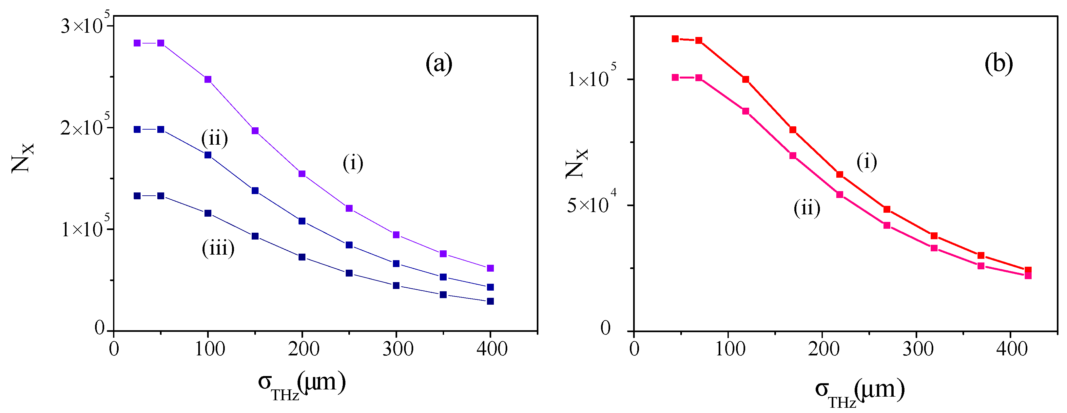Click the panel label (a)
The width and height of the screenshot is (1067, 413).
click(x=439, y=64)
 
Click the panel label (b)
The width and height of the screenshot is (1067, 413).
click(x=998, y=64)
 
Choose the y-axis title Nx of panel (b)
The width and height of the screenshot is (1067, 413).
click(x=576, y=163)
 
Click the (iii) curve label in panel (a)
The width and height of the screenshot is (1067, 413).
click(x=218, y=248)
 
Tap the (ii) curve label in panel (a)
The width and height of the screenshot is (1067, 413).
click(x=214, y=138)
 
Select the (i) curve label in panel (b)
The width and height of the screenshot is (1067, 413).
click(x=866, y=161)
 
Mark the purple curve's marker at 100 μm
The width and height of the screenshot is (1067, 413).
click(x=208, y=80)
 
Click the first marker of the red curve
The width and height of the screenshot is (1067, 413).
click(x=675, y=39)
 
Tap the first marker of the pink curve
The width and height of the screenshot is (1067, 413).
click(x=675, y=77)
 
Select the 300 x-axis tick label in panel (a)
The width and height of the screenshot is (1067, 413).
click(x=397, y=350)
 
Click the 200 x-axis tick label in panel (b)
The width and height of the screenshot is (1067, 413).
click(x=823, y=350)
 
